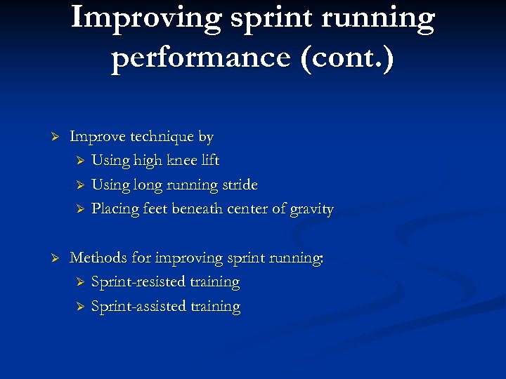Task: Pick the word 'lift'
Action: [x=209, y=160]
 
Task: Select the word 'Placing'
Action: [x=115, y=208]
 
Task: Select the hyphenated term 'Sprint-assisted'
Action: [x=137, y=307]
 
